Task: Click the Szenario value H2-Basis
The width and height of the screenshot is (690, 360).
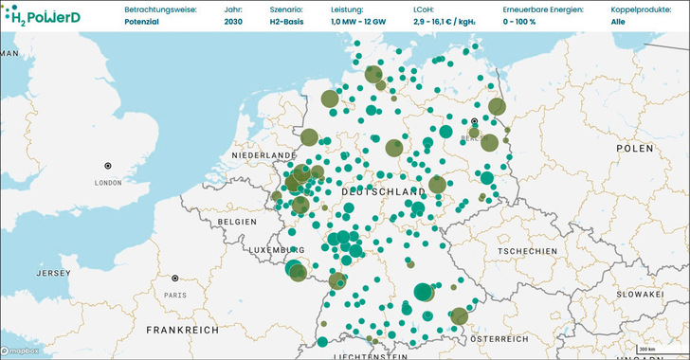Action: click(262, 21)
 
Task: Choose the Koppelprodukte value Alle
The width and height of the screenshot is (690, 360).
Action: click(618, 21)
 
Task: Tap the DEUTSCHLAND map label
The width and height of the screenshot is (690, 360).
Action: click(380, 191)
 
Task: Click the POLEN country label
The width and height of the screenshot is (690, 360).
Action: click(634, 149)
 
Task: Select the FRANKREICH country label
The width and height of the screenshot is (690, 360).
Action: click(182, 329)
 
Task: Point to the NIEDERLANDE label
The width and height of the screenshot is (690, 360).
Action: click(265, 154)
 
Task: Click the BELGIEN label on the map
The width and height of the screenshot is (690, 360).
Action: click(237, 221)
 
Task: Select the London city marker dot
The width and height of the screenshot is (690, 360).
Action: click(108, 166)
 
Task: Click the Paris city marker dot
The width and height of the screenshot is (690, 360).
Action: click(175, 279)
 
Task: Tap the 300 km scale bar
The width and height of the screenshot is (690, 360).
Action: click(646, 351)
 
